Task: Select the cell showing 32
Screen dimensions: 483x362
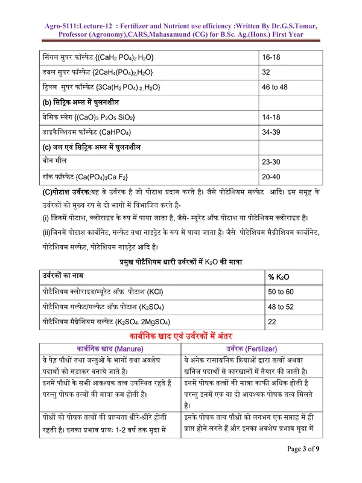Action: (267, 72)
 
